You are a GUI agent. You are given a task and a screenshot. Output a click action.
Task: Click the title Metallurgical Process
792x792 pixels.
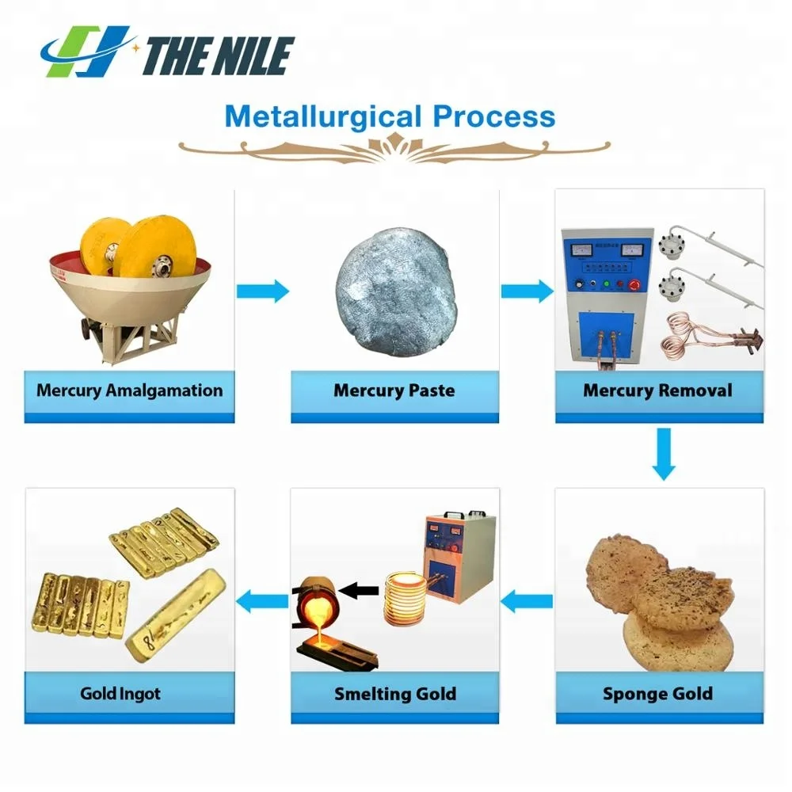pyautogui.click(x=390, y=116)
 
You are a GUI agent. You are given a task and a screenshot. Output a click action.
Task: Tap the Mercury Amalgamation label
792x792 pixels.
pyautogui.click(x=130, y=390)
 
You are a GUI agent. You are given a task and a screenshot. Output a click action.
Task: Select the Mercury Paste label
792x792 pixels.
pyautogui.click(x=394, y=390)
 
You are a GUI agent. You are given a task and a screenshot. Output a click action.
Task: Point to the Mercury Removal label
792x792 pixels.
pyautogui.click(x=657, y=390)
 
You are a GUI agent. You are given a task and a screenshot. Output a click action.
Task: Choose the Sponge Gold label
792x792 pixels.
pyautogui.click(x=657, y=695)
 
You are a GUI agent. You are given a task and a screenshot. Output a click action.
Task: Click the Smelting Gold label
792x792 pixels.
pyautogui.click(x=394, y=695)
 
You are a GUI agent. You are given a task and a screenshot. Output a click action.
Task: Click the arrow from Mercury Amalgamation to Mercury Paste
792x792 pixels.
pyautogui.click(x=263, y=291)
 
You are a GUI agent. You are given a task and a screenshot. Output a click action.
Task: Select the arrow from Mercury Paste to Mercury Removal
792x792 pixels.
pyautogui.click(x=527, y=291)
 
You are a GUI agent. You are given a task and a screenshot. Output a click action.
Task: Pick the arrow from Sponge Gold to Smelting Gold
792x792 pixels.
pyautogui.click(x=527, y=601)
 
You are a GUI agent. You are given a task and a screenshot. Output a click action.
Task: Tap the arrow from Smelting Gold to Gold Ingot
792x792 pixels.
pyautogui.click(x=264, y=601)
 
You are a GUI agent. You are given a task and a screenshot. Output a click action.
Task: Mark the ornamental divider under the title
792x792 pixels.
pyautogui.click(x=394, y=146)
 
